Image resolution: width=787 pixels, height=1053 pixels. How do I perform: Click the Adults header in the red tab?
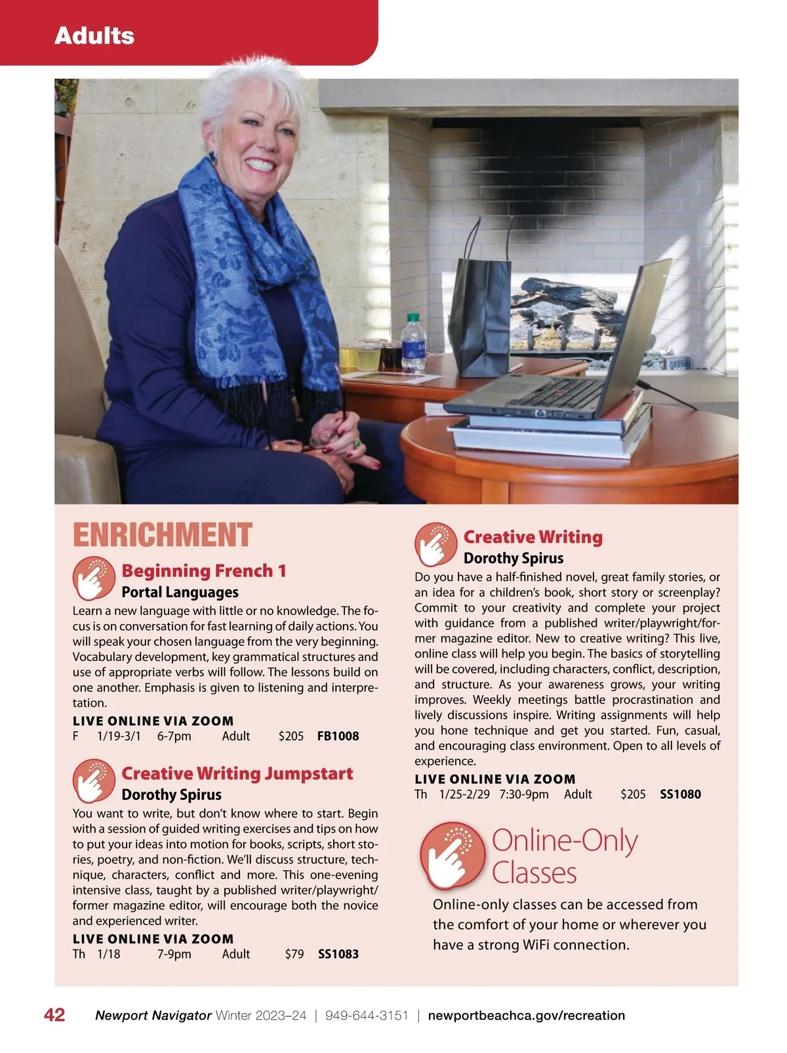click(x=94, y=35)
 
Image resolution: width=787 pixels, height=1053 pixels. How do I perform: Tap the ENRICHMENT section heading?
click(x=162, y=535)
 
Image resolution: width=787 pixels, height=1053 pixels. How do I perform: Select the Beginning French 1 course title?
click(x=204, y=570)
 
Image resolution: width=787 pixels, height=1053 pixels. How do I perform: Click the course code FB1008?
click(x=338, y=736)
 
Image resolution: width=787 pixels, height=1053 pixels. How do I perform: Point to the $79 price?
click(x=294, y=954)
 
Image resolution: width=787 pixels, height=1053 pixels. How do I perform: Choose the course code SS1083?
click(x=338, y=954)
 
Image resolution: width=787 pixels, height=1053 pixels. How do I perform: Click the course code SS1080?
click(x=680, y=794)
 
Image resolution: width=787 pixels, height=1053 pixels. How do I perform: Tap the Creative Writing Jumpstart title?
click(x=237, y=774)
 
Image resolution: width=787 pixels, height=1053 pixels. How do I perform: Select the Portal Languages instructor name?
click(x=180, y=592)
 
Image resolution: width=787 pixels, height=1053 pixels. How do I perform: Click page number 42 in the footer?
click(x=54, y=1015)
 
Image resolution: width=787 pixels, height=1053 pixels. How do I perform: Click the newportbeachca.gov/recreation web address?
click(x=526, y=1016)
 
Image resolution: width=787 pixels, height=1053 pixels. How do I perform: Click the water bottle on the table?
click(x=413, y=344)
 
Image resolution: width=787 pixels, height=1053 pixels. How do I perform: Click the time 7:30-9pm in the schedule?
click(x=523, y=794)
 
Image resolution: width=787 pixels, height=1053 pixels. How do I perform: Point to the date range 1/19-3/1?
click(x=119, y=736)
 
